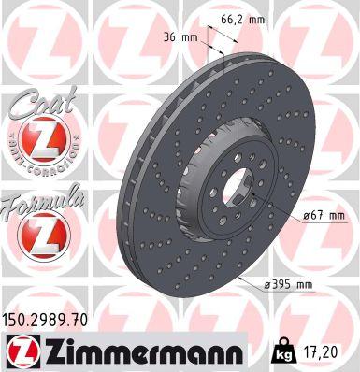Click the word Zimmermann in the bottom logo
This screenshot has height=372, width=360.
click(136, 353)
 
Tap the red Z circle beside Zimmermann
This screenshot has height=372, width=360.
click(21, 353)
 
